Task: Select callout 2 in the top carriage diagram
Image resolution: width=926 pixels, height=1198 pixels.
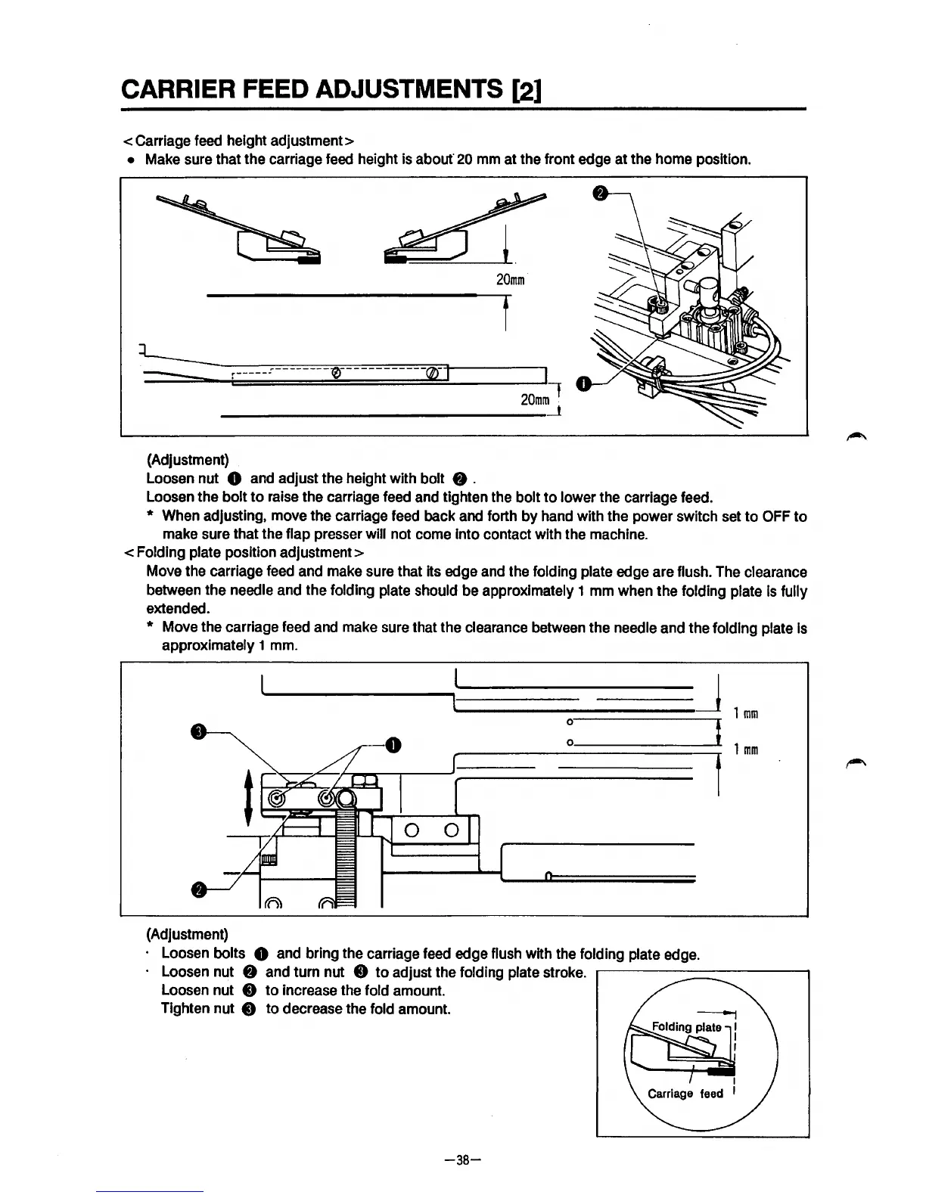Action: pos(600,194)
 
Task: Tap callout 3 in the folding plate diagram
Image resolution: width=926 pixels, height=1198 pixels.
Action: pos(197,731)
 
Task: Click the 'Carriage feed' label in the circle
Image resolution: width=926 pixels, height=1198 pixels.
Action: pos(685,1094)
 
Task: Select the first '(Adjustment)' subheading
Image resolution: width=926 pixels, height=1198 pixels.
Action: pos(187,460)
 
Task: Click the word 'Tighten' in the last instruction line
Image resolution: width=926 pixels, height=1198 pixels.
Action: pos(183,1009)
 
